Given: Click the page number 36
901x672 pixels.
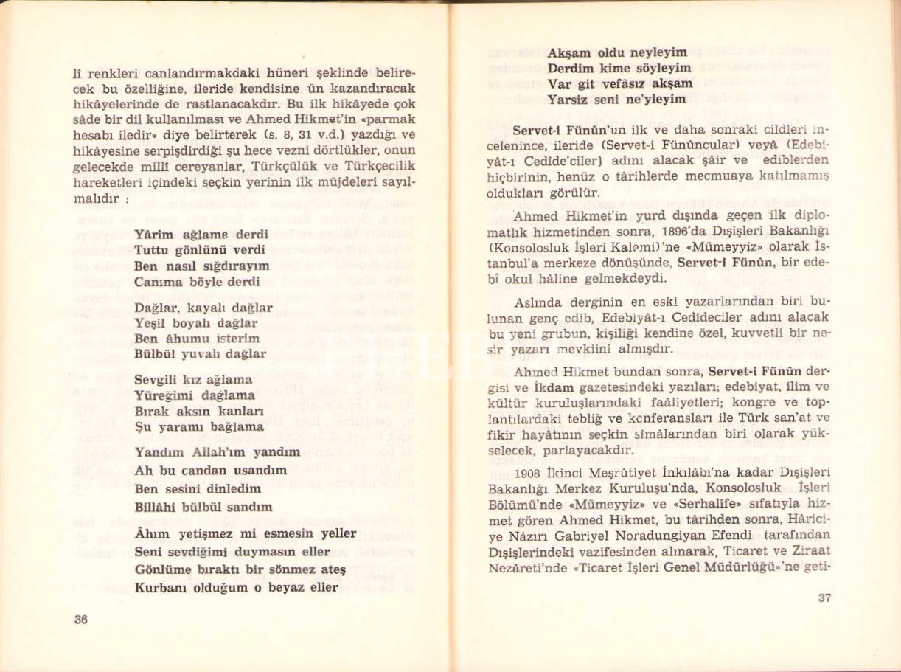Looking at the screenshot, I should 81,620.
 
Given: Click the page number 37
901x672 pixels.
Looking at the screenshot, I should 824,597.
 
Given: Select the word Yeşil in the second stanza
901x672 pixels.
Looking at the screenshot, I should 151,323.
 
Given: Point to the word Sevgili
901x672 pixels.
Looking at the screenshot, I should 157,380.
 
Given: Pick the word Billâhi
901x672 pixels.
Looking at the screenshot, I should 156,507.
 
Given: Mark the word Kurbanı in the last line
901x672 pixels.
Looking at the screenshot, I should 160,588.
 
